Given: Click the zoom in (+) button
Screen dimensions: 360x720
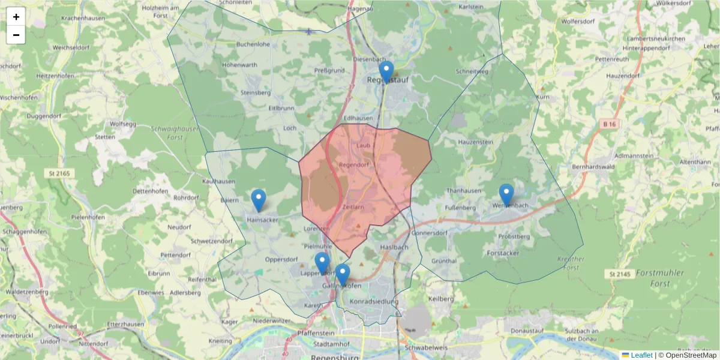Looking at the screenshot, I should point(16,17).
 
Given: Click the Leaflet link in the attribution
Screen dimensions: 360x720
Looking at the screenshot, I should point(641,355).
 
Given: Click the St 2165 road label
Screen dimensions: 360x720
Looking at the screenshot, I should point(58,173).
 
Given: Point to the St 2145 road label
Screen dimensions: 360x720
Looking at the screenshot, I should point(620,274).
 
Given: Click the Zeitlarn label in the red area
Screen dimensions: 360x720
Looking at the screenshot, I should point(353,207).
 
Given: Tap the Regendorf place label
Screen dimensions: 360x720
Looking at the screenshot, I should point(353,164).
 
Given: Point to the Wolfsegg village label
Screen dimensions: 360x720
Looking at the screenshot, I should point(121,124).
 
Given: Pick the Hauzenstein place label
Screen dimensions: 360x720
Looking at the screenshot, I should point(475,142).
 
